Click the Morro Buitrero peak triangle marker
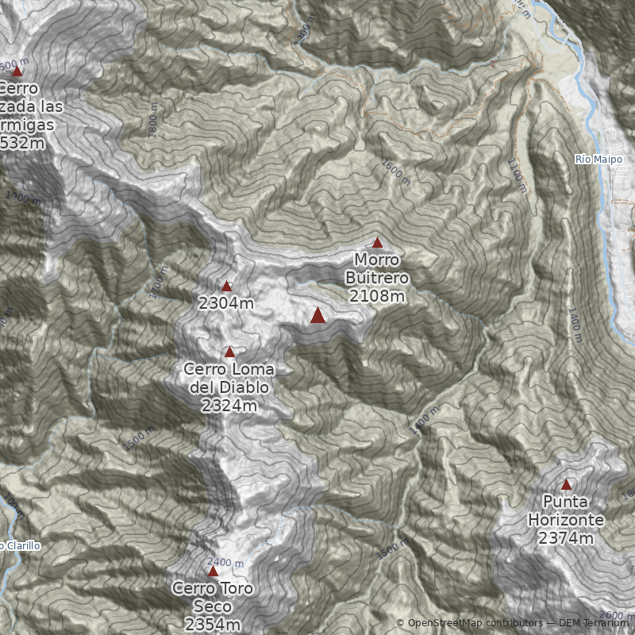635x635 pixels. click(377, 243)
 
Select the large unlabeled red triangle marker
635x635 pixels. click(318, 316)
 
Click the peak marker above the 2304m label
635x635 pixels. click(227, 287)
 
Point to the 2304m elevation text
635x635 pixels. click(227, 303)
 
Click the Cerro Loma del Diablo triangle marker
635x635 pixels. click(230, 352)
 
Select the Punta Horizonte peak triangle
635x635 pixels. click(566, 485)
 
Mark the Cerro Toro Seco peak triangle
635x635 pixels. click(213, 571)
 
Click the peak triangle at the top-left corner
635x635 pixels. click(17, 71)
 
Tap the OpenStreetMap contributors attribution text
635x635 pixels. click(474, 623)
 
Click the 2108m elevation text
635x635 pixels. click(377, 296)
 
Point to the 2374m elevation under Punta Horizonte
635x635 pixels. click(566, 538)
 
